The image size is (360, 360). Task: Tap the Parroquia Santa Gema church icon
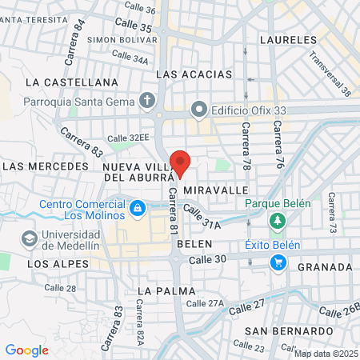click(x=146, y=101)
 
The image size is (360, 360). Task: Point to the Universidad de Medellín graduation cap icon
click(x=30, y=238)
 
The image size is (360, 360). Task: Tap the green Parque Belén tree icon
click(x=278, y=220)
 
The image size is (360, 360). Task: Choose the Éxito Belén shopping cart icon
click(x=278, y=262)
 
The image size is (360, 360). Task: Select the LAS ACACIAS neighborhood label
click(x=194, y=74)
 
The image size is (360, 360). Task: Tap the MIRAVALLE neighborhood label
click(x=217, y=191)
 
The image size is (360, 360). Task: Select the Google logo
click(x=26, y=350)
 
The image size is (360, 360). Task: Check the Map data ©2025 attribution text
click(x=326, y=354)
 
